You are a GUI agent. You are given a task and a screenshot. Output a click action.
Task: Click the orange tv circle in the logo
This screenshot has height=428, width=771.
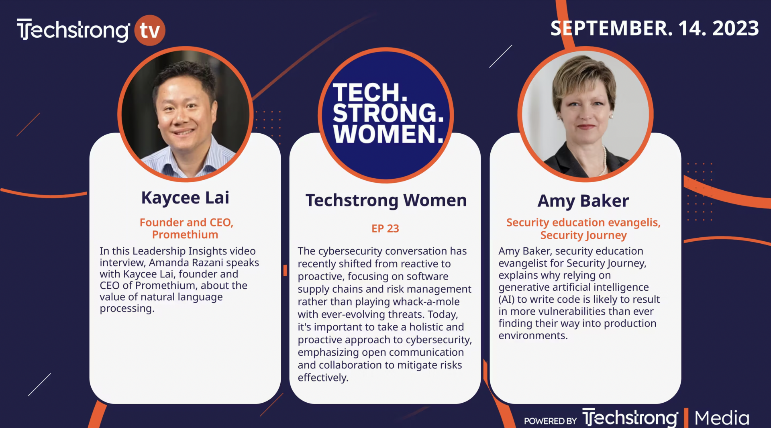(x=149, y=30)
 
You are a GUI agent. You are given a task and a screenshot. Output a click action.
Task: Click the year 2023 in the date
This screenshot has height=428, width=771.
(x=736, y=29)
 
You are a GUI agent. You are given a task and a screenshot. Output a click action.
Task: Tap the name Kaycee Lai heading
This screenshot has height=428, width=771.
(x=185, y=198)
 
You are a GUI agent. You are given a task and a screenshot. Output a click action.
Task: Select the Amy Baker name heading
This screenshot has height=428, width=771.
(x=583, y=201)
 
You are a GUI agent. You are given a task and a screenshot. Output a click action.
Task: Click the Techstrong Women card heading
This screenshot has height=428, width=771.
(x=386, y=200)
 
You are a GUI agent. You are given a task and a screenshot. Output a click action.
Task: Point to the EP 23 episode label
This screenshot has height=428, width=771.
(x=385, y=228)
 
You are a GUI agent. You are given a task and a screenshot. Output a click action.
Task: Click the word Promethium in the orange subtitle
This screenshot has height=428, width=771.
(x=185, y=234)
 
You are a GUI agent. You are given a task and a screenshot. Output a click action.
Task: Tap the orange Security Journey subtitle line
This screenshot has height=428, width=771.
(x=583, y=235)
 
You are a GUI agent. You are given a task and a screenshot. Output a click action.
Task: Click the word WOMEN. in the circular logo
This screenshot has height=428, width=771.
(x=388, y=134)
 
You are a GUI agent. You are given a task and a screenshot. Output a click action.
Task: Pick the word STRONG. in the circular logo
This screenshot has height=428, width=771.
(x=388, y=113)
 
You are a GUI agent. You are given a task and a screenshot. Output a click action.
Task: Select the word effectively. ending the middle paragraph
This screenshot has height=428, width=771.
(x=323, y=378)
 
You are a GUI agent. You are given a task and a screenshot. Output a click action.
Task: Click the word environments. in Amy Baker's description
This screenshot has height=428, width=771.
(x=533, y=336)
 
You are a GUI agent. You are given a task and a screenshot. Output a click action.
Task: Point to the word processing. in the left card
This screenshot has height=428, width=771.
(x=127, y=309)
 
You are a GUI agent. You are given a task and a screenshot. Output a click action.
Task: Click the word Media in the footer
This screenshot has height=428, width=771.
(x=722, y=418)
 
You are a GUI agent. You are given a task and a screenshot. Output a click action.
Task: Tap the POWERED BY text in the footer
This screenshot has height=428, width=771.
(x=551, y=421)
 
